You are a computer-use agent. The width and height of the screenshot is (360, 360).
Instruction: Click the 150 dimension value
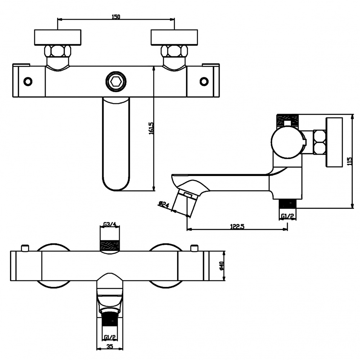click(x=116, y=17)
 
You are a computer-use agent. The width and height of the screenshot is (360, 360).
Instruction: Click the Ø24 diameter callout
click(x=164, y=205)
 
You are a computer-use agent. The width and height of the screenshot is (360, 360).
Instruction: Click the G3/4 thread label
click(x=109, y=225)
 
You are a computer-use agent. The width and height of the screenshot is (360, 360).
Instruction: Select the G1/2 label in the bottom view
click(x=110, y=337)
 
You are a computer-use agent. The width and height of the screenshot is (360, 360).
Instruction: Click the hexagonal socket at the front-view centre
click(x=115, y=82)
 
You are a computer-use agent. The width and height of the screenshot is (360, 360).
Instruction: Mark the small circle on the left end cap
click(x=28, y=81)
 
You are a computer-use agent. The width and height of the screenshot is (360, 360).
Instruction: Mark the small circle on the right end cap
click(x=204, y=81)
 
